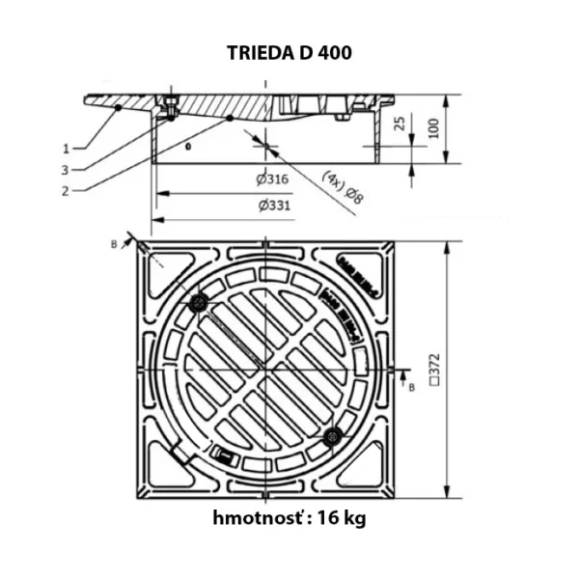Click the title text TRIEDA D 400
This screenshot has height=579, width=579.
pyautogui.click(x=289, y=53)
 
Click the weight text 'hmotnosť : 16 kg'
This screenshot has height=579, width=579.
pyautogui.click(x=289, y=518)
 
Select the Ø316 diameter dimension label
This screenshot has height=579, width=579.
pyautogui.click(x=275, y=180)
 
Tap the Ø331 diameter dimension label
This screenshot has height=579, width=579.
pyautogui.click(x=275, y=205)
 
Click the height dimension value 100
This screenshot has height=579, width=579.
pyautogui.click(x=435, y=127)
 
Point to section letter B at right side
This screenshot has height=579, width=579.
pyautogui.click(x=412, y=387)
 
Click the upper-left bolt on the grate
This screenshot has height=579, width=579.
pyautogui.click(x=200, y=303)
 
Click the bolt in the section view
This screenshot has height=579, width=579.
pyautogui.click(x=171, y=110)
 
